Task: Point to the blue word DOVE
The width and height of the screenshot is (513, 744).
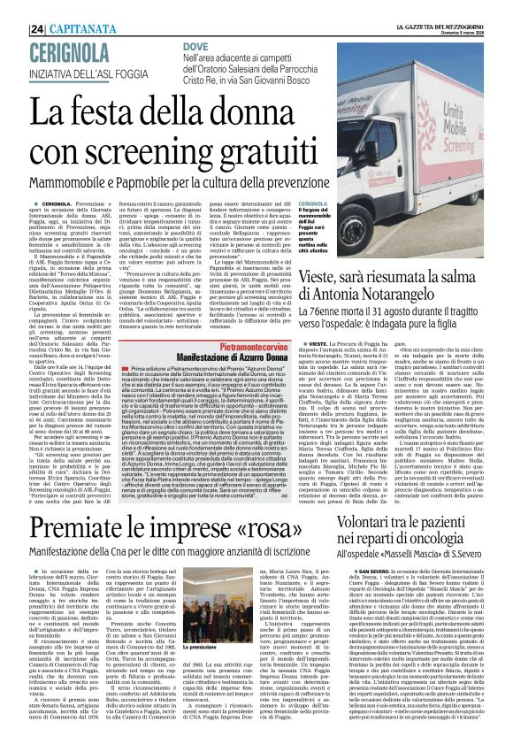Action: point(195,44)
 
